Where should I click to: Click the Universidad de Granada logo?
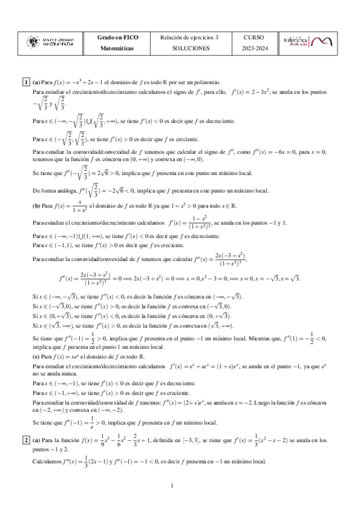[51, 41]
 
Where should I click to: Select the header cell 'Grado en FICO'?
[118, 37]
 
